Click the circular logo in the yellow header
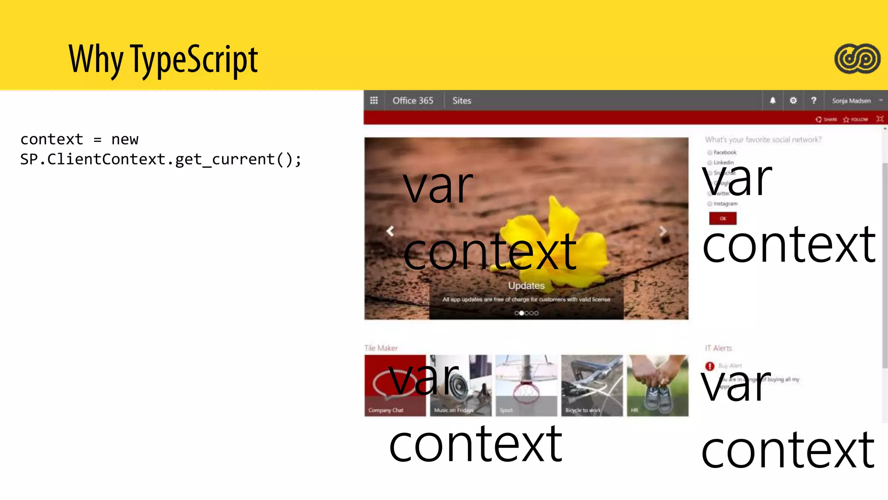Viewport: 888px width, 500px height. coord(857,59)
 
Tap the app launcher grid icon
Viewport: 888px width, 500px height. coord(374,101)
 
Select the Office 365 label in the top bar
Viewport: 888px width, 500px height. coord(413,101)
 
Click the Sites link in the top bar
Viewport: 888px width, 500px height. coord(462,101)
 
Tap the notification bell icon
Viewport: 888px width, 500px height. coord(773,101)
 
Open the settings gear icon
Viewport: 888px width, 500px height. coord(793,101)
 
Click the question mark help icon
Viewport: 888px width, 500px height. coord(813,101)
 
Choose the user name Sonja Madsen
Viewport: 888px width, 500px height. coord(851,101)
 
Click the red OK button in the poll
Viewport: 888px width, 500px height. coord(723,218)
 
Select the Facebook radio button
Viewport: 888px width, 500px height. coord(710,152)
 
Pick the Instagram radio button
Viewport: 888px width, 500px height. coord(710,204)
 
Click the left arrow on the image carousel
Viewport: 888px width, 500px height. coord(390,231)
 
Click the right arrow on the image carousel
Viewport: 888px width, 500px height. coord(663,231)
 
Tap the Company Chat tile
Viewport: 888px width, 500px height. coord(395,385)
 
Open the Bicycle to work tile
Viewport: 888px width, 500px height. coord(592,385)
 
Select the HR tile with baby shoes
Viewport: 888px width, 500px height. coord(657,385)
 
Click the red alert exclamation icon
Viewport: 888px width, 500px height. coord(710,366)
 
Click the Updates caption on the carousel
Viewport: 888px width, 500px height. coord(526,286)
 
